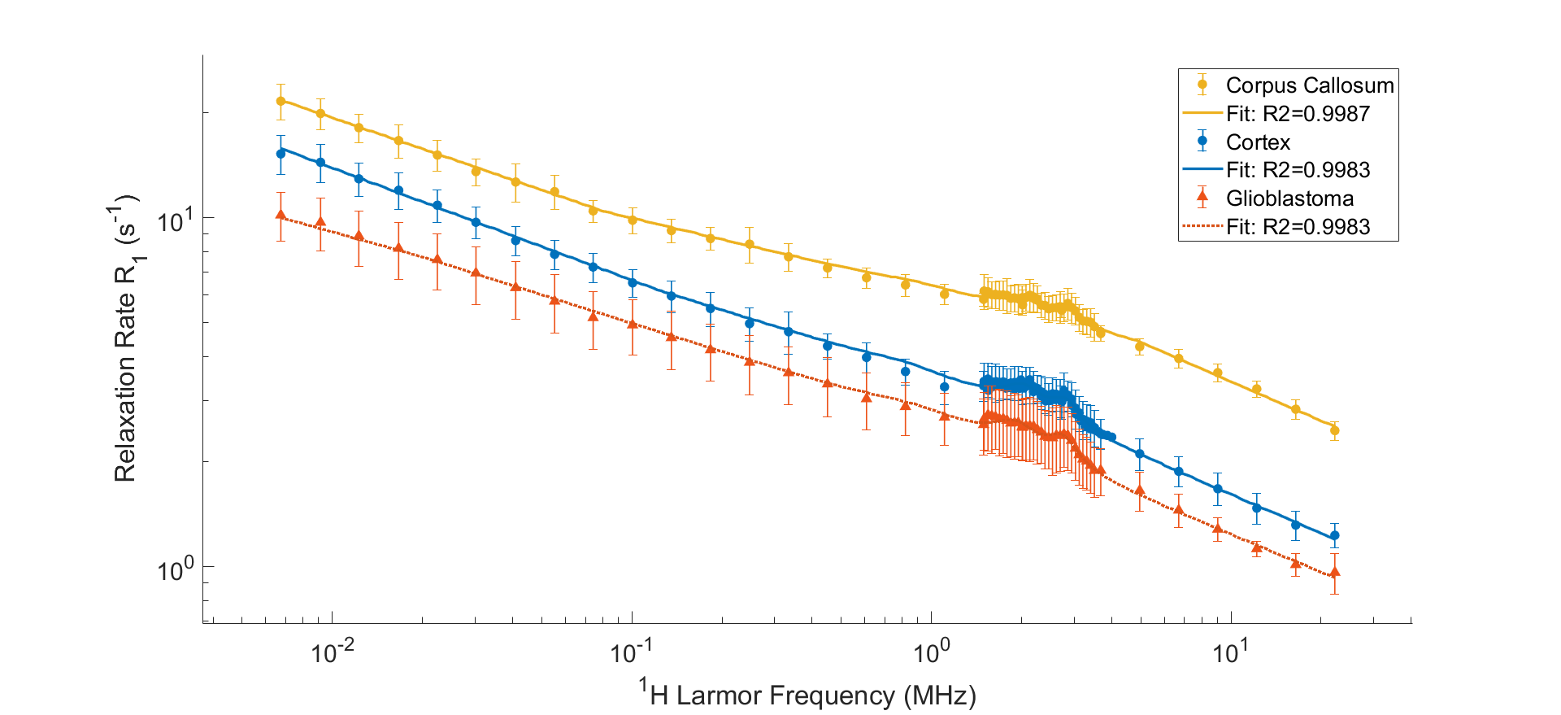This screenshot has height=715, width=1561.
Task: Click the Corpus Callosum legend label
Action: pos(1309,85)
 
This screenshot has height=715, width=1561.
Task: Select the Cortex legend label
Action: pos(1258,142)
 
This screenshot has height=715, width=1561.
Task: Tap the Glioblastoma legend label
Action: pos(1289,198)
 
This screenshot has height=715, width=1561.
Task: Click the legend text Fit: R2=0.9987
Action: pos(1298,114)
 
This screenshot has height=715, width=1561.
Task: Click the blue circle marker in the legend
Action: pos(1202,141)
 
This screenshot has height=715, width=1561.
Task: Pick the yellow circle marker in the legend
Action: pos(1202,85)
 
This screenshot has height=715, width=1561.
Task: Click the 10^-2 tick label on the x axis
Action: pos(333,651)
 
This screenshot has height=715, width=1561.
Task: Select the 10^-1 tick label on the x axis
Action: pos(632,651)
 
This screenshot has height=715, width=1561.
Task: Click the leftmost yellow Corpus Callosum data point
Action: pos(281,102)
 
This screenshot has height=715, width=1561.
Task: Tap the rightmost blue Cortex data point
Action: pos(1334,536)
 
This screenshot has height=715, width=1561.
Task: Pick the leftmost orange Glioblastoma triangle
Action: pos(281,215)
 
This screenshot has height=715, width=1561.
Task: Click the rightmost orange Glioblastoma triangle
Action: pos(1334,573)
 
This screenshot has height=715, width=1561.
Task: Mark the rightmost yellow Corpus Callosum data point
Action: pos(1334,431)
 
